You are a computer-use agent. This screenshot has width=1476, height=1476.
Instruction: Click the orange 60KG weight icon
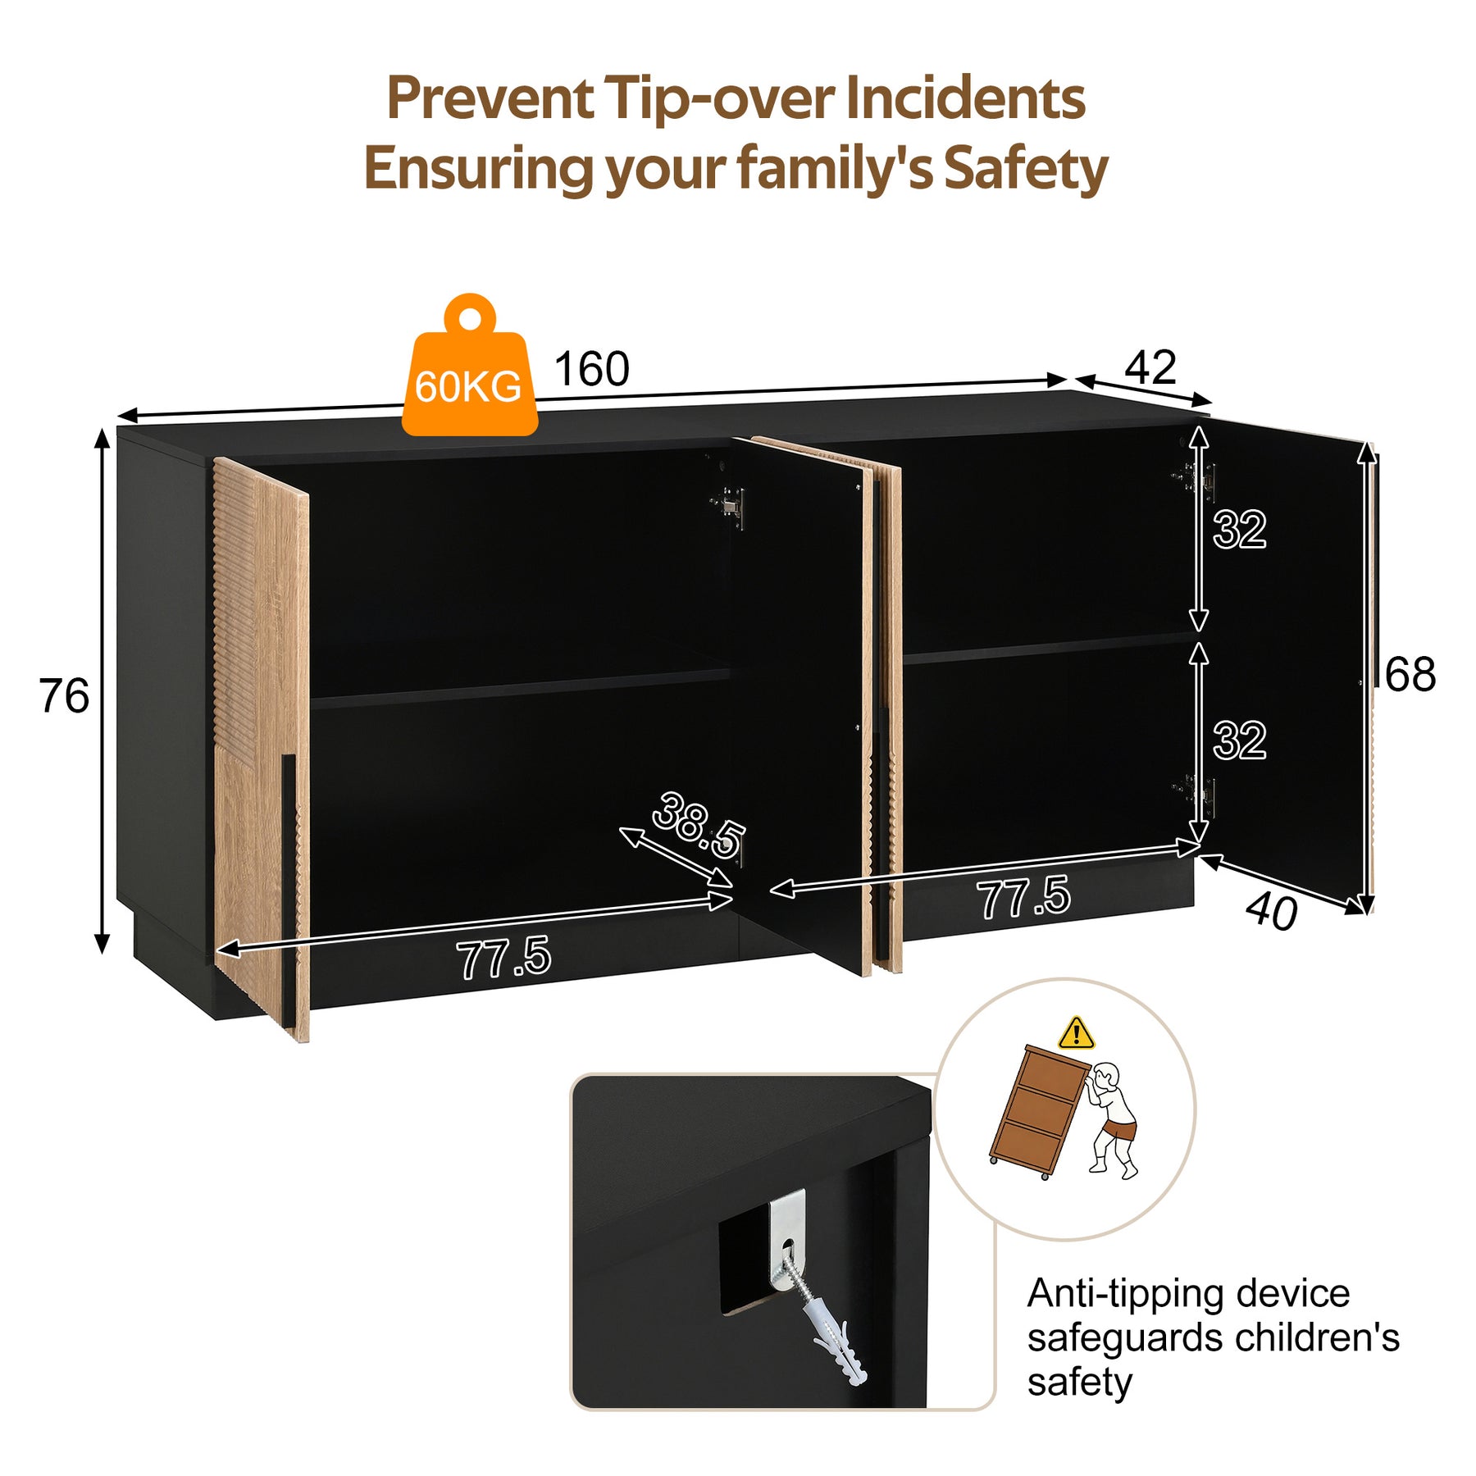tap(470, 367)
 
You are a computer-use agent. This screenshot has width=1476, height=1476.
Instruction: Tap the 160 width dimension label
tap(592, 369)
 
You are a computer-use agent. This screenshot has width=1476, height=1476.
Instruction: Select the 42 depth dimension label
tap(1150, 367)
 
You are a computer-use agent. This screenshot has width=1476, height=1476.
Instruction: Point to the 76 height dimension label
tap(64, 696)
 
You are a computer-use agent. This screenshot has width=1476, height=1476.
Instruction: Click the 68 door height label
tap(1410, 675)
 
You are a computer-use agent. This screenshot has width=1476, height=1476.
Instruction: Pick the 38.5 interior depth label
tap(699, 824)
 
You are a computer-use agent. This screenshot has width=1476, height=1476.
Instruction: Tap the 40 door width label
tap(1271, 911)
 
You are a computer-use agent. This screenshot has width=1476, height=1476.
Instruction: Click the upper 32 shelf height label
tap(1240, 530)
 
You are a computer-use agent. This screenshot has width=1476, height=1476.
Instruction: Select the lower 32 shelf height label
tap(1240, 740)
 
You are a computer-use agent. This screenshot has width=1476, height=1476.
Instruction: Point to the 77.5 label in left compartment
tap(504, 959)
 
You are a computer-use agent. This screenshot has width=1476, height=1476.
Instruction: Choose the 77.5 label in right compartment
tap(1023, 896)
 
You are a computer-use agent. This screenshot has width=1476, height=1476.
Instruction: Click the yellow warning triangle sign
tap(1076, 1033)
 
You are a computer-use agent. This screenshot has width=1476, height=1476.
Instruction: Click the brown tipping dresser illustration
tap(1040, 1111)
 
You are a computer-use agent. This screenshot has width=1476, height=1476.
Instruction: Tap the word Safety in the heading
tap(1025, 170)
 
